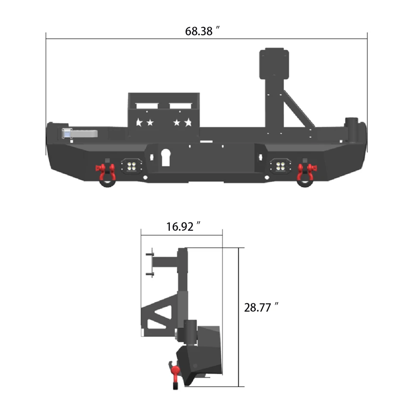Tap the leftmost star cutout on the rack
(x=139, y=122)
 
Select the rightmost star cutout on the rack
(x=188, y=122)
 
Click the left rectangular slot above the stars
(x=147, y=106)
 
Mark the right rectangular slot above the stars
(x=180, y=106)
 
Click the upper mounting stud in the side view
(x=150, y=254)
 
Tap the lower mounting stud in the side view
(x=150, y=274)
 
